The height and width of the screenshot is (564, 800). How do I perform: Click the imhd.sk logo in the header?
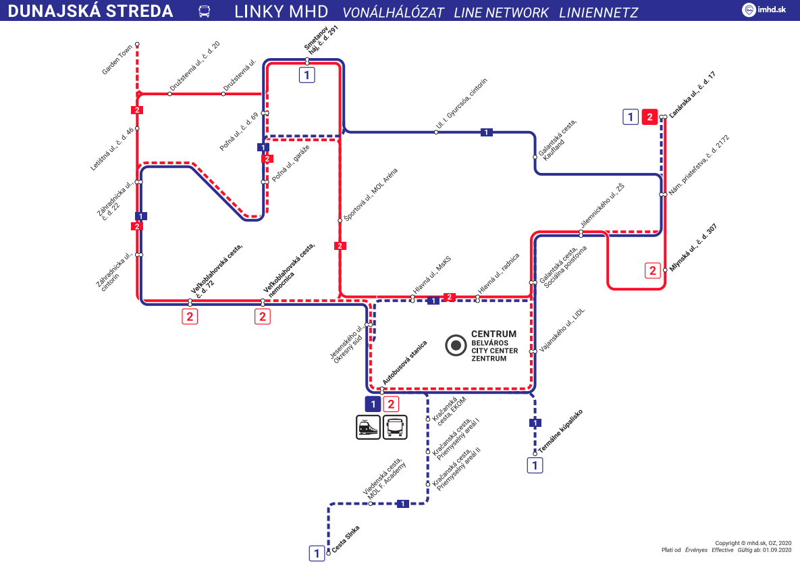pyautogui.click(x=766, y=10)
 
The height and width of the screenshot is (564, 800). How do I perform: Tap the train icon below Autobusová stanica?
pyautogui.click(x=368, y=428)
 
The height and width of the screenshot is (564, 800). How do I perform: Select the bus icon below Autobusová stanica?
pyautogui.click(x=396, y=428)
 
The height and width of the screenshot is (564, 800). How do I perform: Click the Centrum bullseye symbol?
pyautogui.click(x=456, y=345)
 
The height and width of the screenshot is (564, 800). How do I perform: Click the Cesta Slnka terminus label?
pyautogui.click(x=346, y=540)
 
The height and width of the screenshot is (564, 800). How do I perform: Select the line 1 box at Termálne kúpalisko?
pyautogui.click(x=535, y=465)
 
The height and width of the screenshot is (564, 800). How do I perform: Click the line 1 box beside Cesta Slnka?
pyautogui.click(x=317, y=554)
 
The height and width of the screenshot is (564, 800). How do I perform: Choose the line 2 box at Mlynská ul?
pyautogui.click(x=653, y=271)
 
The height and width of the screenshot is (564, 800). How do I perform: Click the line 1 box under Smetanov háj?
pyautogui.click(x=307, y=75)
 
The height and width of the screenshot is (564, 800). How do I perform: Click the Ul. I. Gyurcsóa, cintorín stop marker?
pyautogui.click(x=436, y=132)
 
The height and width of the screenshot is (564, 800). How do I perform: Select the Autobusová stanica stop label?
pyautogui.click(x=406, y=363)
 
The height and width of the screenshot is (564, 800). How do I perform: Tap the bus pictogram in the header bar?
pyautogui.click(x=204, y=11)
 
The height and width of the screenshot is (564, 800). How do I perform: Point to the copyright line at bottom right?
pyautogui.click(x=753, y=542)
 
